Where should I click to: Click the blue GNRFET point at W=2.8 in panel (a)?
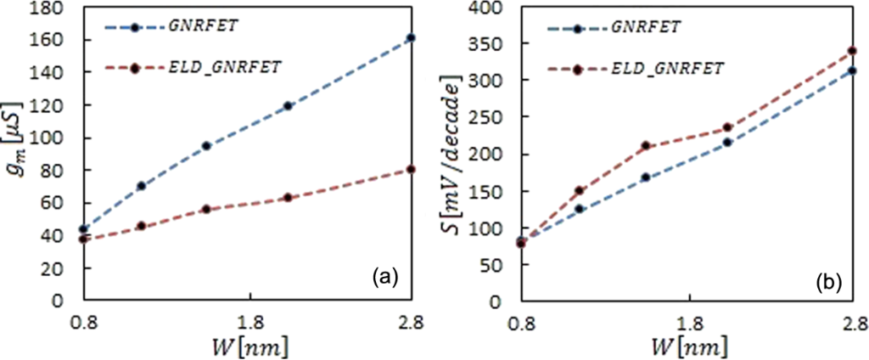coord(411,38)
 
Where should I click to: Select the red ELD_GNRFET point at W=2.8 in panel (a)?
coord(411,169)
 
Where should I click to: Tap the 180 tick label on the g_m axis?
coord(52,8)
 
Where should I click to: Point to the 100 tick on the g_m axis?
coord(52,138)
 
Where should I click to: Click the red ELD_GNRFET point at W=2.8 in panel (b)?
coord(851,51)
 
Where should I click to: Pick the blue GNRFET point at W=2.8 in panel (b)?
coord(851,71)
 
